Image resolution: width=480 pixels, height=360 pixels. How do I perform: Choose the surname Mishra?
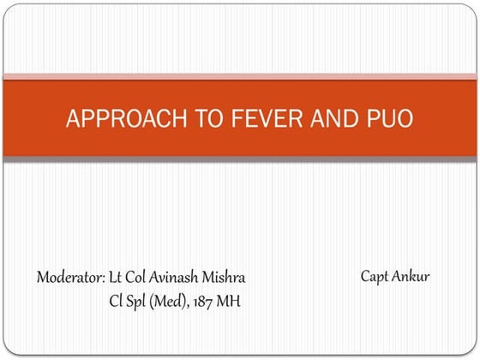tap(226, 278)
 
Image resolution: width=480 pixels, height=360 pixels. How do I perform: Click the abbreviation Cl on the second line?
tap(116, 301)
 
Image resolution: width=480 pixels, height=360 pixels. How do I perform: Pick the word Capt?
tap(377, 276)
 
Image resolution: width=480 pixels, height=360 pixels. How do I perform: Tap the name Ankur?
tap(413, 276)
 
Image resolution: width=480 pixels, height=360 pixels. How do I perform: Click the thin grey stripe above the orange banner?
tap(240, 76)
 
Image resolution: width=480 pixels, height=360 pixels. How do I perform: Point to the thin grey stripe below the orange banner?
tap(240, 159)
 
